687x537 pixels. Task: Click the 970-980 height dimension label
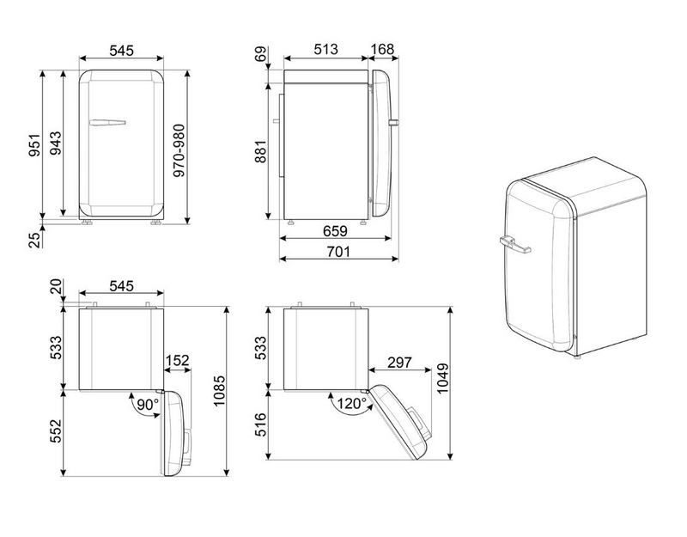[179, 150]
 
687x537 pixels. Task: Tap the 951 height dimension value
[34, 144]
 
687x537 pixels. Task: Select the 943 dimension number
[55, 143]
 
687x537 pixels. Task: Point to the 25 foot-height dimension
[34, 241]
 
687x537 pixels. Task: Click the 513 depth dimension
[326, 50]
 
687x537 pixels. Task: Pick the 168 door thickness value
[382, 50]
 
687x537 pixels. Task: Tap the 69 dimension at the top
[261, 54]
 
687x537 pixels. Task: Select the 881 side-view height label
[261, 151]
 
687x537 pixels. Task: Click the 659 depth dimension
[335, 231]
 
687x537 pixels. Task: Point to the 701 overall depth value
[338, 252]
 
